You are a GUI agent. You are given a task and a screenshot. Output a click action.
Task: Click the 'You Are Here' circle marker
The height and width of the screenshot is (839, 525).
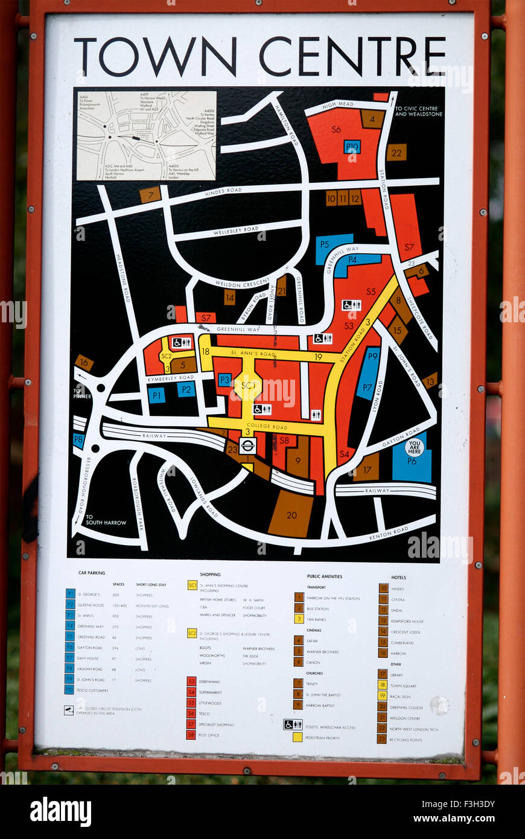point(414,447)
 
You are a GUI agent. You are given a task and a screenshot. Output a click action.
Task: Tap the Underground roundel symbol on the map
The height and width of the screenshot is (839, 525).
point(247,445)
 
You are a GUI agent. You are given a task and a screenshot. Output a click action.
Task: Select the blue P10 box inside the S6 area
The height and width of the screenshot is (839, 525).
point(352,147)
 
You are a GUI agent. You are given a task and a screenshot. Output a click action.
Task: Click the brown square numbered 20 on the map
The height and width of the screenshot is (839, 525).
point(291,515)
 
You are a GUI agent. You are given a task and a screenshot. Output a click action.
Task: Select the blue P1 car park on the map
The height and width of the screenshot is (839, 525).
point(156,395)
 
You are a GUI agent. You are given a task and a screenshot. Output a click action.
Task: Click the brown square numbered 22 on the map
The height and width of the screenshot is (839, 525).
point(396,153)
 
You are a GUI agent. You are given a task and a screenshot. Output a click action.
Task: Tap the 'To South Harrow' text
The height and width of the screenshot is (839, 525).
point(106,520)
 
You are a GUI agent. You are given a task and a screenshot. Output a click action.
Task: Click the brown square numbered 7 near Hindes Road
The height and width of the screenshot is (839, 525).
point(150,195)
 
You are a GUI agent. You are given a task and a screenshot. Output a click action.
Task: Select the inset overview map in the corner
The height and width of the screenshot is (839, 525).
point(145,136)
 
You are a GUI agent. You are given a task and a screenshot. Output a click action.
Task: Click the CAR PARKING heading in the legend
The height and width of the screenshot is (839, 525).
point(92,573)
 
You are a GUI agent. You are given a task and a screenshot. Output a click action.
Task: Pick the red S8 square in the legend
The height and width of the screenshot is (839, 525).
point(191,735)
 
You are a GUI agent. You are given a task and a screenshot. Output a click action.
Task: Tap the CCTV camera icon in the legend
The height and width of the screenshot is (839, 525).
point(69,710)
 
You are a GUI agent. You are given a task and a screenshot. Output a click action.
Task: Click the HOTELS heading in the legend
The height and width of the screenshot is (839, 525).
point(398,578)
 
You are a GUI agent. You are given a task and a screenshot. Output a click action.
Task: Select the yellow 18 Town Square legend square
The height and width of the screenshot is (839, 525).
point(382,684)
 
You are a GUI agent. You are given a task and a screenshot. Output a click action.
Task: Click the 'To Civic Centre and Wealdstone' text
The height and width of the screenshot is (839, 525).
point(419,112)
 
